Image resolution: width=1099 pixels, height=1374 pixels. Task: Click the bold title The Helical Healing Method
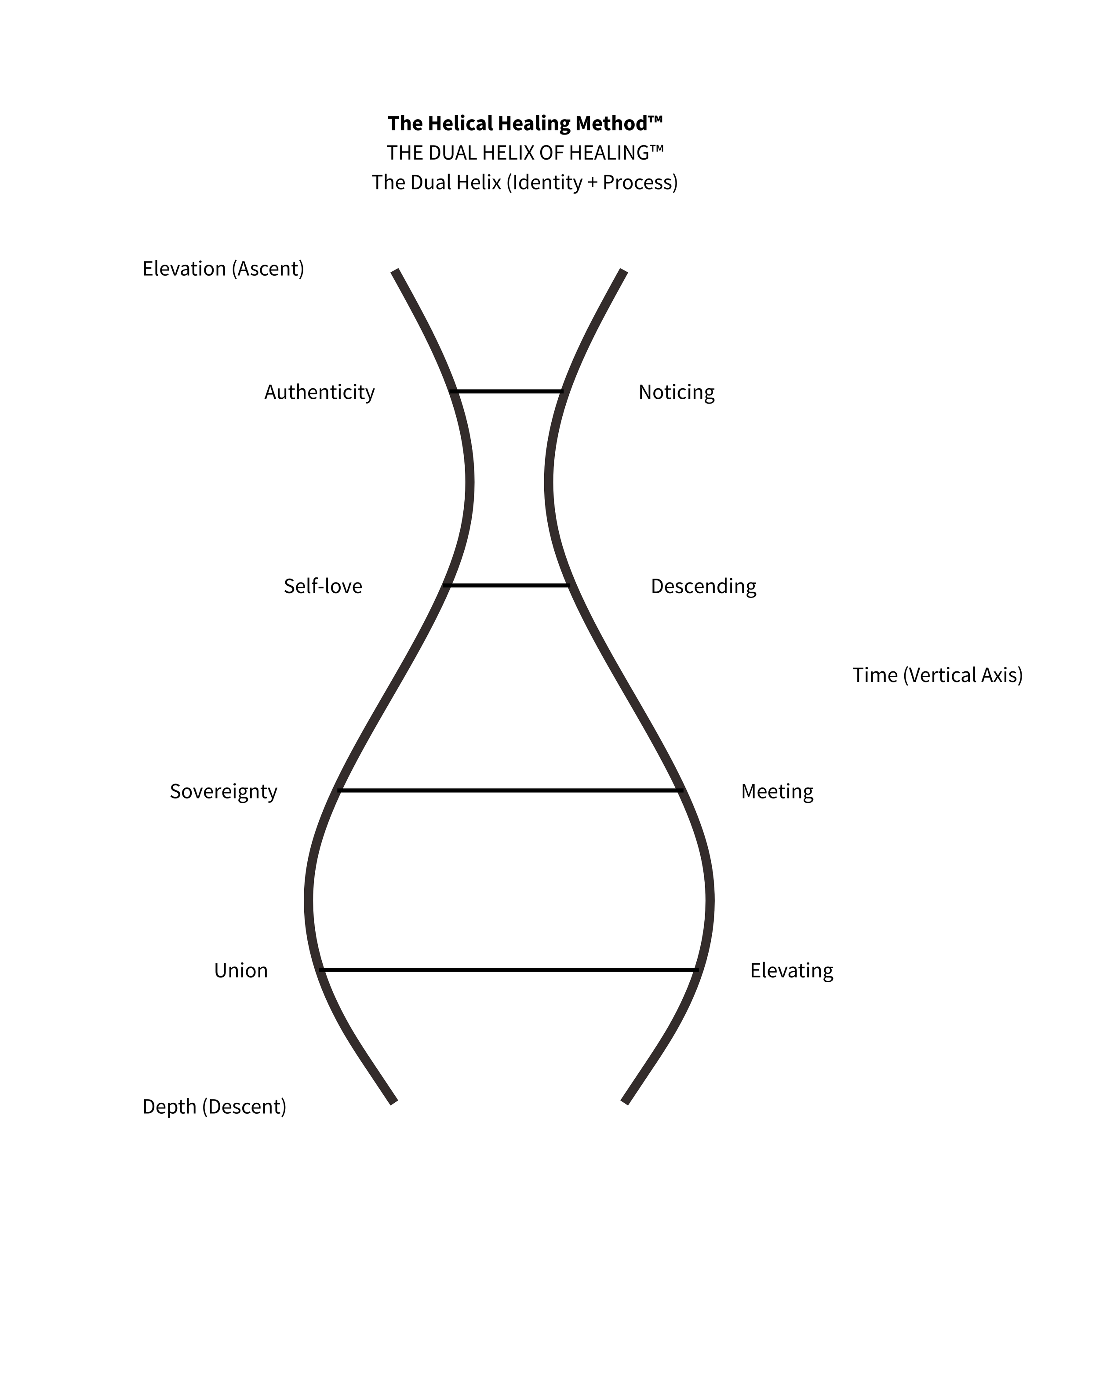coord(525,123)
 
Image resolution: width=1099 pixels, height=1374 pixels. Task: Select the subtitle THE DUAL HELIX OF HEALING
coord(525,153)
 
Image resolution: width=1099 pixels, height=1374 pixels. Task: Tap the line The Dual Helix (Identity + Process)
coord(525,182)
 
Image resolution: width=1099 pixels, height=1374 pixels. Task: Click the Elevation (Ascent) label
coord(223,268)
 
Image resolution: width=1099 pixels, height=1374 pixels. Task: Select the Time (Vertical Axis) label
coord(937,675)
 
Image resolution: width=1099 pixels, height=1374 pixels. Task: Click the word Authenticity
coord(319,391)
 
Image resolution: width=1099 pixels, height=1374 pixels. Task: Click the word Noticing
coord(676,391)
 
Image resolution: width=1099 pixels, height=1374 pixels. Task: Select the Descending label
coord(703,586)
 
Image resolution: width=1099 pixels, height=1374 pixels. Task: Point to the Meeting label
coord(777,791)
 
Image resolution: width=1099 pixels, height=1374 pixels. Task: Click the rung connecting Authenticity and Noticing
coord(507,391)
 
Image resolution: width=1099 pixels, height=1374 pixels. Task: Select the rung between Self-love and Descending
coord(507,585)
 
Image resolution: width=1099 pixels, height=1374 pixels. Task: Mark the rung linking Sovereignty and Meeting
coord(509,790)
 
